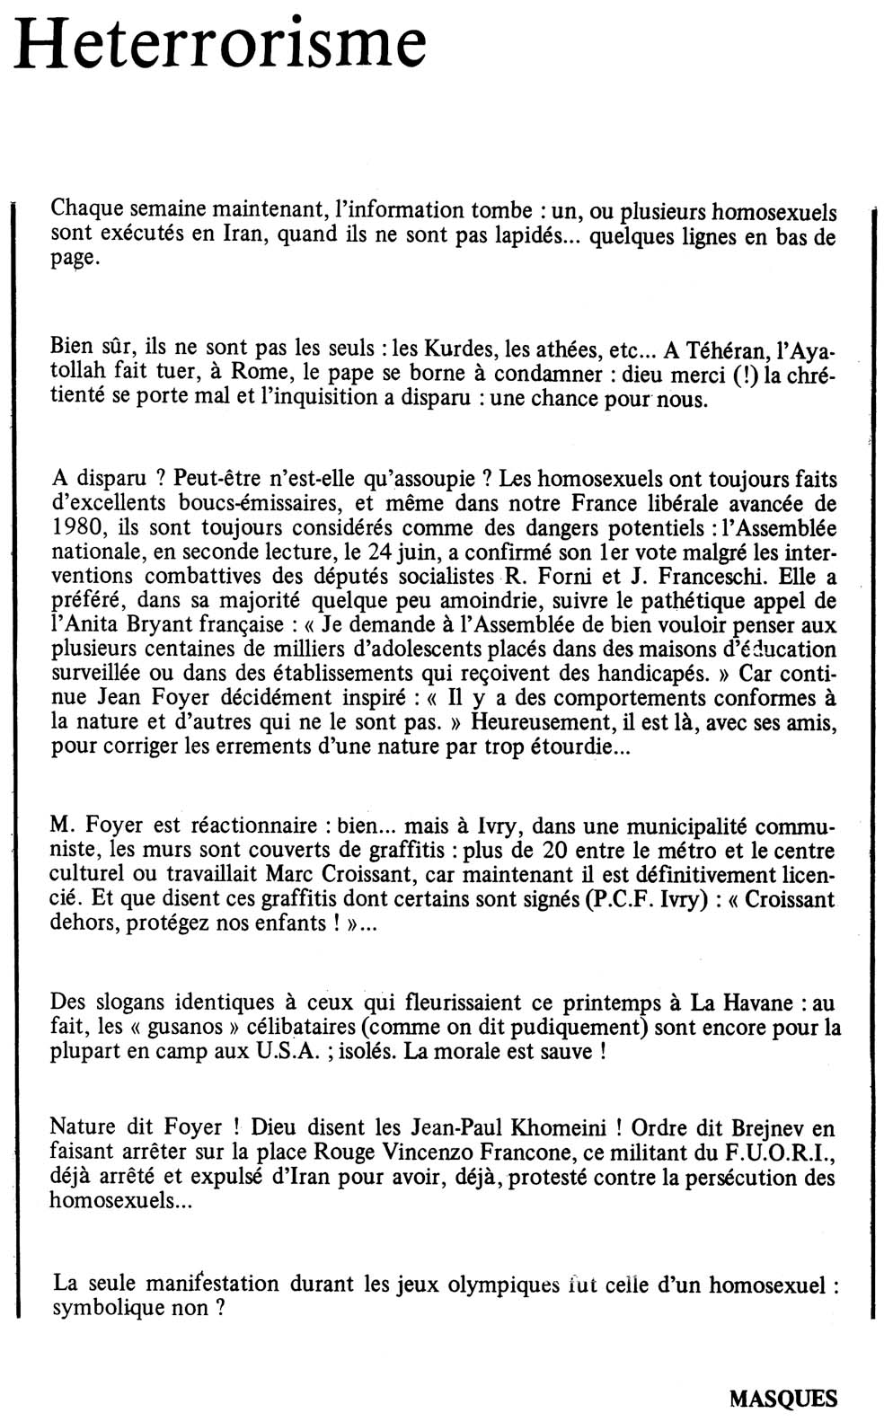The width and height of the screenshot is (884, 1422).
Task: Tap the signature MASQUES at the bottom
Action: pyautogui.click(x=782, y=1398)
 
